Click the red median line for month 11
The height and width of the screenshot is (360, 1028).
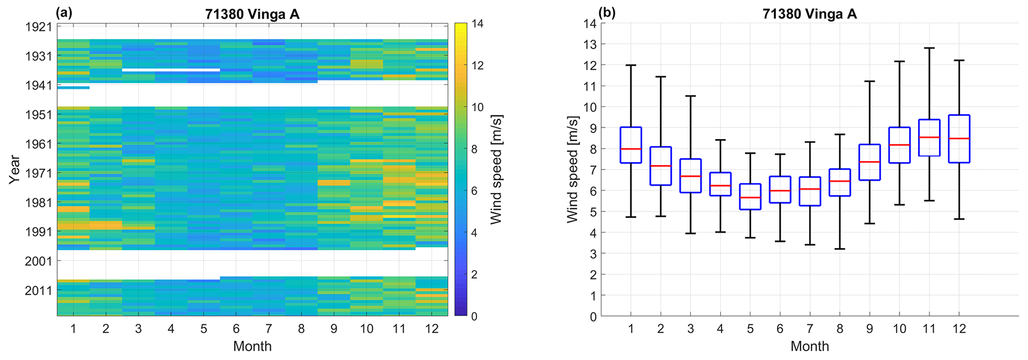[929, 137]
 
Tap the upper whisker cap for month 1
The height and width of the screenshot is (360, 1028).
[631, 65]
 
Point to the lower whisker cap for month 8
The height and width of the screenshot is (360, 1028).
[840, 249]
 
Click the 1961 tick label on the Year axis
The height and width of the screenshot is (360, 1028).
[38, 144]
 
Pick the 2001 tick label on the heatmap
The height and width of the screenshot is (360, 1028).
[38, 261]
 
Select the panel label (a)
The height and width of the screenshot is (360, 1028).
[64, 13]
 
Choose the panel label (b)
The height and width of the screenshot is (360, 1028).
[607, 13]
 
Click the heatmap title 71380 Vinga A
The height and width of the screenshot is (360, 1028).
[252, 14]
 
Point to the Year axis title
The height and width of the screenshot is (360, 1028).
[14, 170]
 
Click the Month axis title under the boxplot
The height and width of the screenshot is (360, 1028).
[809, 346]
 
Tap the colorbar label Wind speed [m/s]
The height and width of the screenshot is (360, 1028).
[496, 170]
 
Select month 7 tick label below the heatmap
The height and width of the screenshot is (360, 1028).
[269, 329]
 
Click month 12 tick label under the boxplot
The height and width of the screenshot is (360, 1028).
[959, 329]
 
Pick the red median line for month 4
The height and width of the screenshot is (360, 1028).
[720, 185]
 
